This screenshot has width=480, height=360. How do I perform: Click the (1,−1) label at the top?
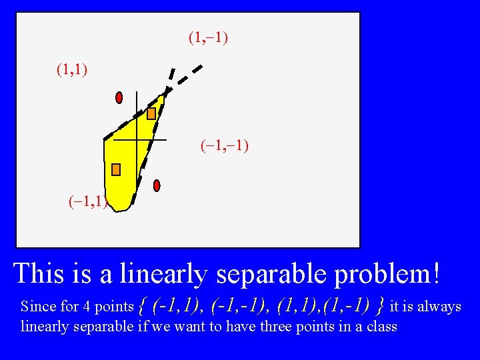point(208,38)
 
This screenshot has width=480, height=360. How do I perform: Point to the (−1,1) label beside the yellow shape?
point(87,202)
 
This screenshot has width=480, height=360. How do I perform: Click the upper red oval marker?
point(119,97)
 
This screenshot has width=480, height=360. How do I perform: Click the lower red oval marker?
point(157,185)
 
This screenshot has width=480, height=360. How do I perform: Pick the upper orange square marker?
point(151,113)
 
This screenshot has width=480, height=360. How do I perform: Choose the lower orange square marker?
point(116,169)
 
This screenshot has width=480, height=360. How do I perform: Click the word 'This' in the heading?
point(37,273)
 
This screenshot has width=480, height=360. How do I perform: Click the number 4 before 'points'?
point(87,307)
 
